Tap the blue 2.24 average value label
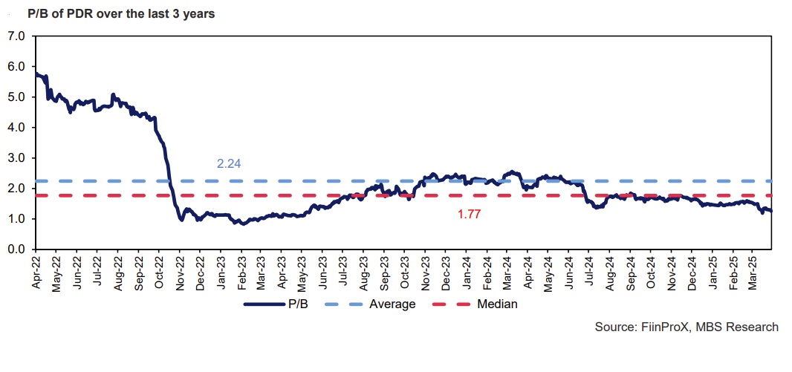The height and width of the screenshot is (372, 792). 229,163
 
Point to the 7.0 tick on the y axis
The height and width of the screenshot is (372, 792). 16,36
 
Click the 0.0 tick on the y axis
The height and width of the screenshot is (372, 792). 16,249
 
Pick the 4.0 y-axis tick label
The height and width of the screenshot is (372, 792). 16,128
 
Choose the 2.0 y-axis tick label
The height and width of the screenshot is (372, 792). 16,189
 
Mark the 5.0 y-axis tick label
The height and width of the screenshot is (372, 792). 16,97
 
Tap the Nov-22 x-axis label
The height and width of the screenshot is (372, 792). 181,272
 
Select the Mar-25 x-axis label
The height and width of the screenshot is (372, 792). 753,272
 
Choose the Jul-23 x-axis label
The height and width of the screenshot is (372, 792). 343,272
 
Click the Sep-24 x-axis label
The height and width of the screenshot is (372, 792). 630,272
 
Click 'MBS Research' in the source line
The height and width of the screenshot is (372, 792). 738,327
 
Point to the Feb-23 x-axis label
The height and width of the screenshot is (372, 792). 242,272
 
